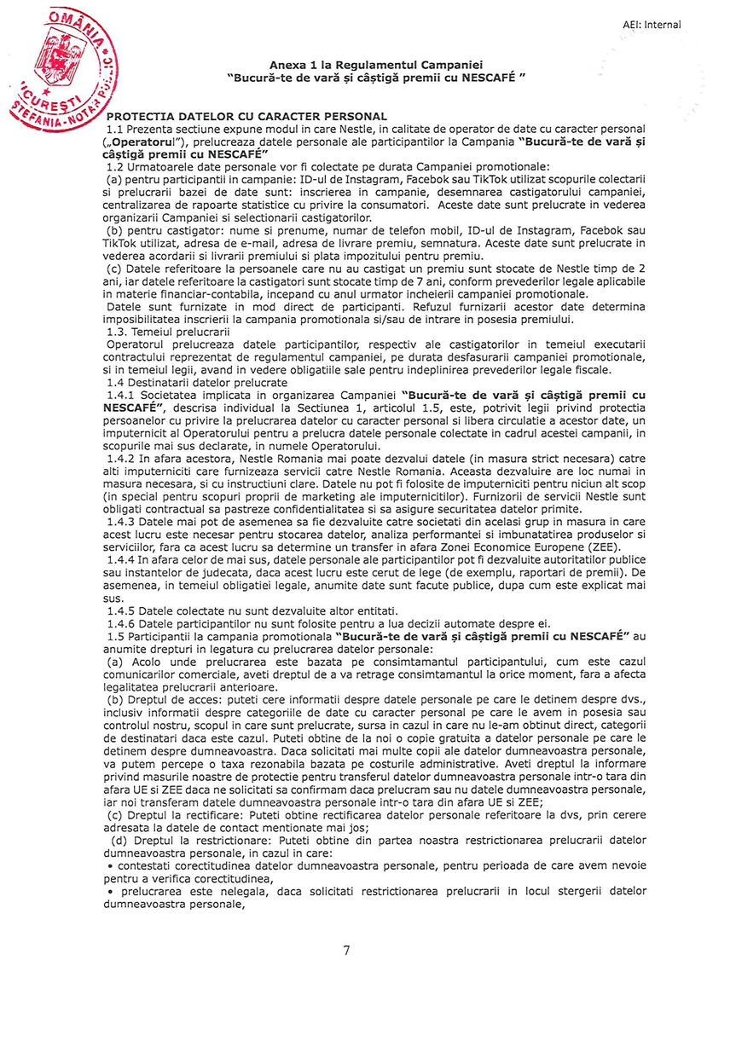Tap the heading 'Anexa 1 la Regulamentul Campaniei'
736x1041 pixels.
tap(376, 65)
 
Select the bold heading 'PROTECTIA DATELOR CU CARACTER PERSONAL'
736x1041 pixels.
tap(247, 116)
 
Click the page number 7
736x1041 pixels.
tap(346, 951)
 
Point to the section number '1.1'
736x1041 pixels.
tap(116, 127)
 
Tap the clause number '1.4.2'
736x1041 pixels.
tap(123, 459)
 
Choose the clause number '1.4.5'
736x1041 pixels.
tap(123, 610)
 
